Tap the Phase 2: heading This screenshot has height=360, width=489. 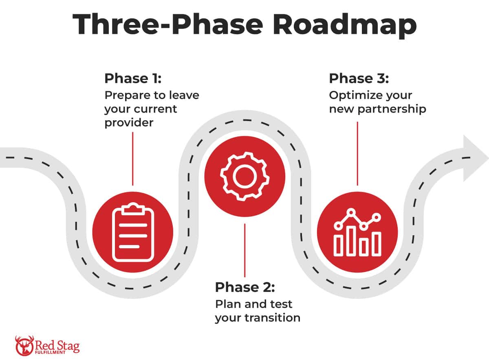pyautogui.click(x=245, y=287)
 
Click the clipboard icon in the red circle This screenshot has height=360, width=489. pyautogui.click(x=133, y=233)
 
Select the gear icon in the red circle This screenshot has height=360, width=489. pyautogui.click(x=244, y=176)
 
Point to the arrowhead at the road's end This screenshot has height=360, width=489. pyautogui.click(x=474, y=158)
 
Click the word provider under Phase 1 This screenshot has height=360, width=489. pyautogui.click(x=129, y=122)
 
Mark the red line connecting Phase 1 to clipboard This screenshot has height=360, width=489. pyautogui.click(x=133, y=159)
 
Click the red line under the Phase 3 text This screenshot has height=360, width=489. pyautogui.click(x=357, y=153)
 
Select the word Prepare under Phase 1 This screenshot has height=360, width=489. pyautogui.click(x=124, y=95)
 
